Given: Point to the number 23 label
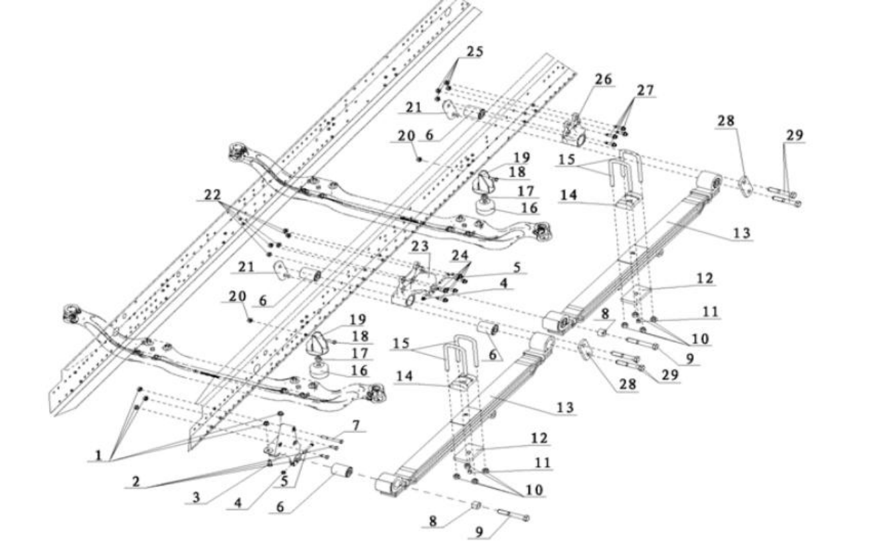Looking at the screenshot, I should click(420, 245).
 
